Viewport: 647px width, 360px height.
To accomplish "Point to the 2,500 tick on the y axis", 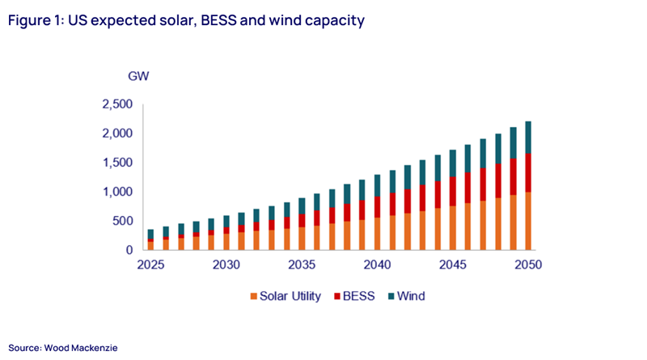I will coord(117,104).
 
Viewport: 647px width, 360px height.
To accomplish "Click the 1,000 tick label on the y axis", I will coord(117,192).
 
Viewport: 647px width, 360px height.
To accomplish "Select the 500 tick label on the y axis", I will coord(121,221).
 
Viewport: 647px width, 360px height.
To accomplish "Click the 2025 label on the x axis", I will coord(150,265).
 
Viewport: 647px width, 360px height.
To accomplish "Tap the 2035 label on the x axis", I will coord(302,265).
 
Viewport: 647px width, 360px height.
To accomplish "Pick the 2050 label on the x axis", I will coord(526,265).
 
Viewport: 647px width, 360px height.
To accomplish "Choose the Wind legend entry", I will coord(408,296).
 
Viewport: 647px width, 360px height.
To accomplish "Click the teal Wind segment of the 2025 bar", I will coord(150,235).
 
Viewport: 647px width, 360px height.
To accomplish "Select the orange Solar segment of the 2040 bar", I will coord(377,234).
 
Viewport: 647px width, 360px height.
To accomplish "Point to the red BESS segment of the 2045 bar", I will coord(451,191).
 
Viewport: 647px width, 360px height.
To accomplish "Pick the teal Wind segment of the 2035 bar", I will coord(302,205).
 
